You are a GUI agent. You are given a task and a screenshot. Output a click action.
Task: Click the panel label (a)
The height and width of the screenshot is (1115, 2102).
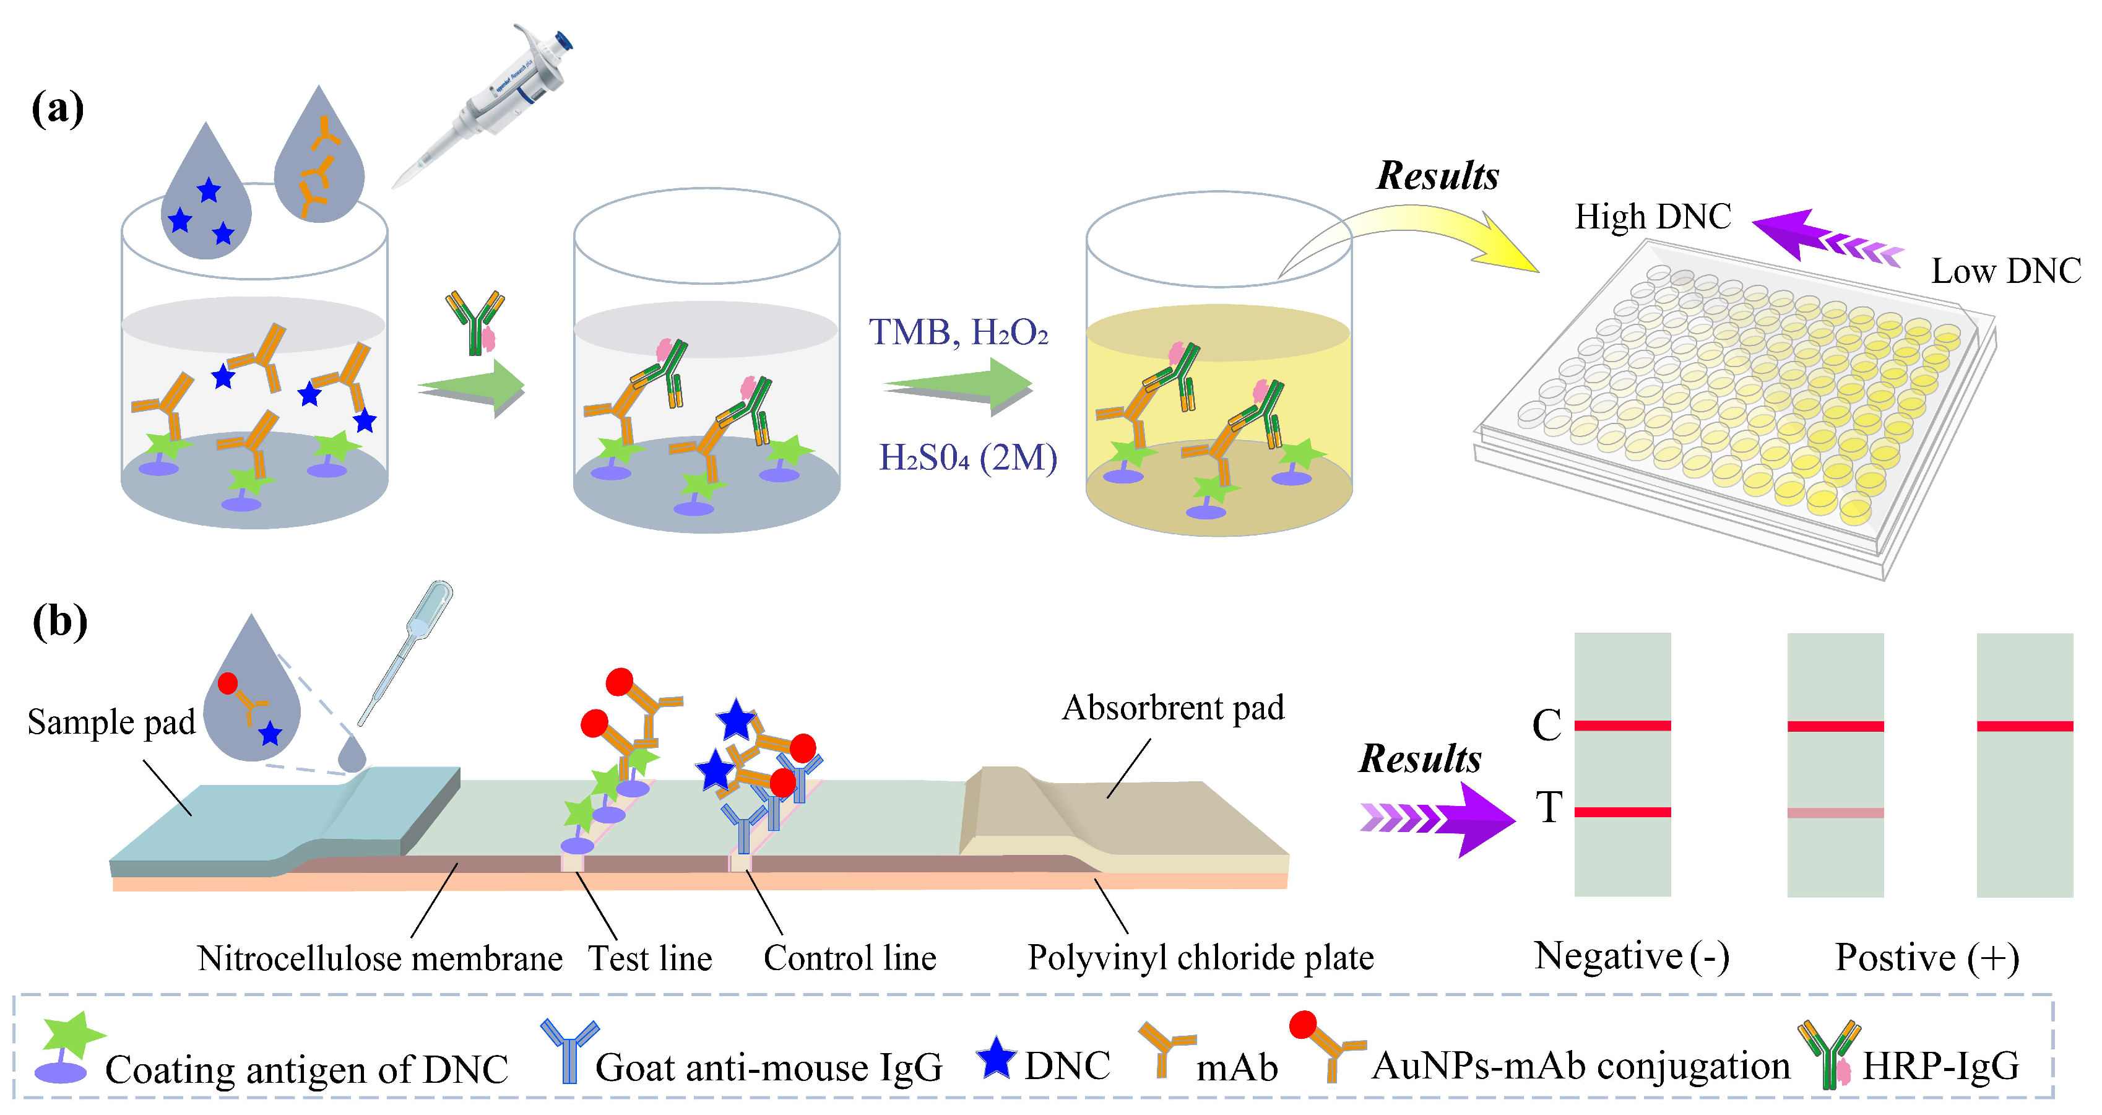pyautogui.click(x=57, y=108)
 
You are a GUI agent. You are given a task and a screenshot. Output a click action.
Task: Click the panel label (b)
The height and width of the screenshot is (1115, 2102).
pyautogui.click(x=59, y=622)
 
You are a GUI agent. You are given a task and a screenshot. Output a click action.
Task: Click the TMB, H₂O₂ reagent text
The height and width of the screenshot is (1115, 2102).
pyautogui.click(x=958, y=332)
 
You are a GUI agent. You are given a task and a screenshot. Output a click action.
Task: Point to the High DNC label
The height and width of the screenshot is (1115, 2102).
pyautogui.click(x=1653, y=217)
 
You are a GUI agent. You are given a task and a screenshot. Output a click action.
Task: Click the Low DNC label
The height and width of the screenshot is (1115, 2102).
pyautogui.click(x=2005, y=271)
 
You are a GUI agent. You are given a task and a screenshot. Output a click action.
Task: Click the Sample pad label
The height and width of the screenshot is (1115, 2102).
pyautogui.click(x=111, y=722)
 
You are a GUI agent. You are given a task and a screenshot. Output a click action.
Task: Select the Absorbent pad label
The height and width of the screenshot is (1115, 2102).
pyautogui.click(x=1172, y=708)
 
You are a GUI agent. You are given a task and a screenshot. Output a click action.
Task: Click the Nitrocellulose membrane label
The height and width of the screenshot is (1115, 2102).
pyautogui.click(x=379, y=958)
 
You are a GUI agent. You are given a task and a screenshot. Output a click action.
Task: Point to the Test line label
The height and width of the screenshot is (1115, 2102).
pyautogui.click(x=651, y=958)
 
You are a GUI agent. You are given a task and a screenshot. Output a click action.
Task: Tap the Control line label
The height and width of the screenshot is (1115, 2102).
pyautogui.click(x=849, y=958)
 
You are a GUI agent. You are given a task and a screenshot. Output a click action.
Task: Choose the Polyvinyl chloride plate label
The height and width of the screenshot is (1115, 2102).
pyautogui.click(x=1200, y=958)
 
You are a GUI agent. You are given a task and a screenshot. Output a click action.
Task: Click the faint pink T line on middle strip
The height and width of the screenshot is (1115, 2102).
pyautogui.click(x=1835, y=813)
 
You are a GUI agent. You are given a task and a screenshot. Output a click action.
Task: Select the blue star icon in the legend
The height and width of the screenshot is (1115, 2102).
pyautogui.click(x=995, y=1058)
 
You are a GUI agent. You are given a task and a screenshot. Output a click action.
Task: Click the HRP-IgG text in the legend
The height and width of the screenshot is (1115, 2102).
pyautogui.click(x=1940, y=1066)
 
